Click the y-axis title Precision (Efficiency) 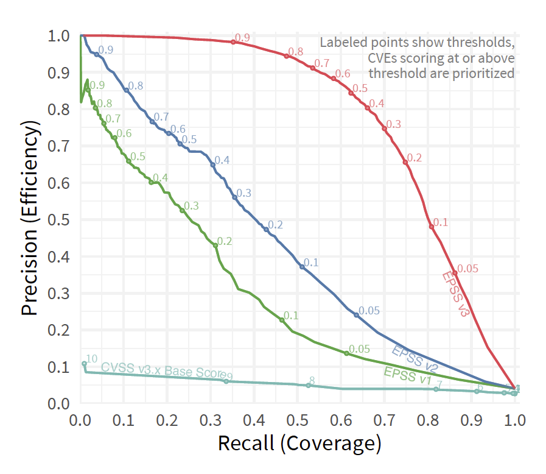[30, 218]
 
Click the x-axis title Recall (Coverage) [299, 443]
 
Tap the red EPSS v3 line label [457, 294]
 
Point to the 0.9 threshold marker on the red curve [233, 42]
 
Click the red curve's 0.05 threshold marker [454, 272]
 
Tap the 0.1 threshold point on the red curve [432, 227]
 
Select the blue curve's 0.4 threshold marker [213, 165]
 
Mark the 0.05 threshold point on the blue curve [357, 315]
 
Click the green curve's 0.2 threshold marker [215, 245]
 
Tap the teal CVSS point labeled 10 [85, 364]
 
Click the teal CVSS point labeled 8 [309, 385]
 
